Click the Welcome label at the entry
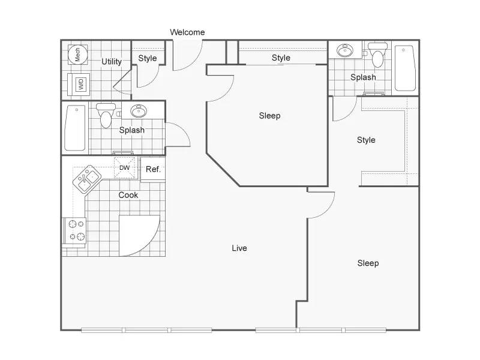coord(187,32)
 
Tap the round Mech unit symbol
coord(78,54)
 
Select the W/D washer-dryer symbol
coord(79,84)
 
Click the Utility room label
coord(112,62)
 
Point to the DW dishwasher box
coord(124,168)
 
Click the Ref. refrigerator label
coord(153,169)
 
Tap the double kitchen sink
coord(87,179)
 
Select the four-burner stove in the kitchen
coord(75,230)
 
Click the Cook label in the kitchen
coord(128,195)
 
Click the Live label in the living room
coord(239,248)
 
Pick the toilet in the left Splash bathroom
coord(106,115)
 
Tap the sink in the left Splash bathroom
coord(139,111)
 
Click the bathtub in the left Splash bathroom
coord(76,128)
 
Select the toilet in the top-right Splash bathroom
coord(378,55)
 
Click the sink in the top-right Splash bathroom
coord(345,50)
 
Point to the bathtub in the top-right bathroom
coord(405,68)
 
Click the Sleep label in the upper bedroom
coord(269,116)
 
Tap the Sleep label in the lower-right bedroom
coord(368,263)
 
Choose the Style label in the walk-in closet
coord(366,140)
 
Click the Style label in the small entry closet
coord(148,58)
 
